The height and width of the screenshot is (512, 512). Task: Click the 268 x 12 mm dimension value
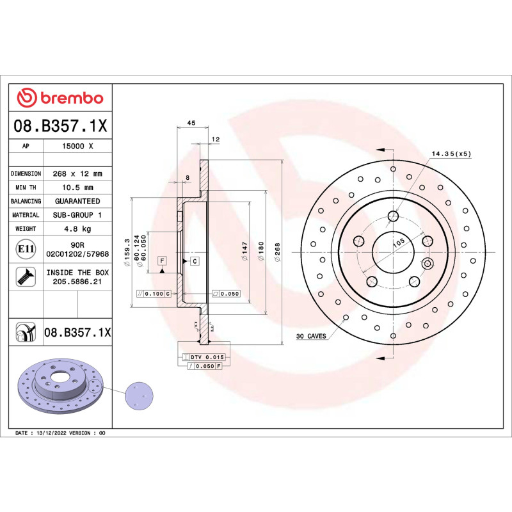pyautogui.click(x=77, y=173)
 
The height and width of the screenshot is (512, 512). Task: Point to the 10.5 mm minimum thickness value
pyautogui.click(x=77, y=188)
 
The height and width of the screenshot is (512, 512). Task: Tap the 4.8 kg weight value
pyautogui.click(x=77, y=228)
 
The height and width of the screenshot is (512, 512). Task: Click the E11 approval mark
pyautogui.click(x=26, y=248)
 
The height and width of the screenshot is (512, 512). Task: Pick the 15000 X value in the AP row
pyautogui.click(x=77, y=146)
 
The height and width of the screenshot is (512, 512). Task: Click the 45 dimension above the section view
pyautogui.click(x=191, y=123)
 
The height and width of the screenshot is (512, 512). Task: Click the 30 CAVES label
pyautogui.click(x=311, y=336)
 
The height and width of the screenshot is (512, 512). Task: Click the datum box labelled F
pyautogui.click(x=163, y=261)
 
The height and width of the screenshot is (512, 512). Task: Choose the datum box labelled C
pyautogui.click(x=194, y=261)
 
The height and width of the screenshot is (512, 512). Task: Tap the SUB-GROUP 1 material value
pyautogui.click(x=77, y=215)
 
